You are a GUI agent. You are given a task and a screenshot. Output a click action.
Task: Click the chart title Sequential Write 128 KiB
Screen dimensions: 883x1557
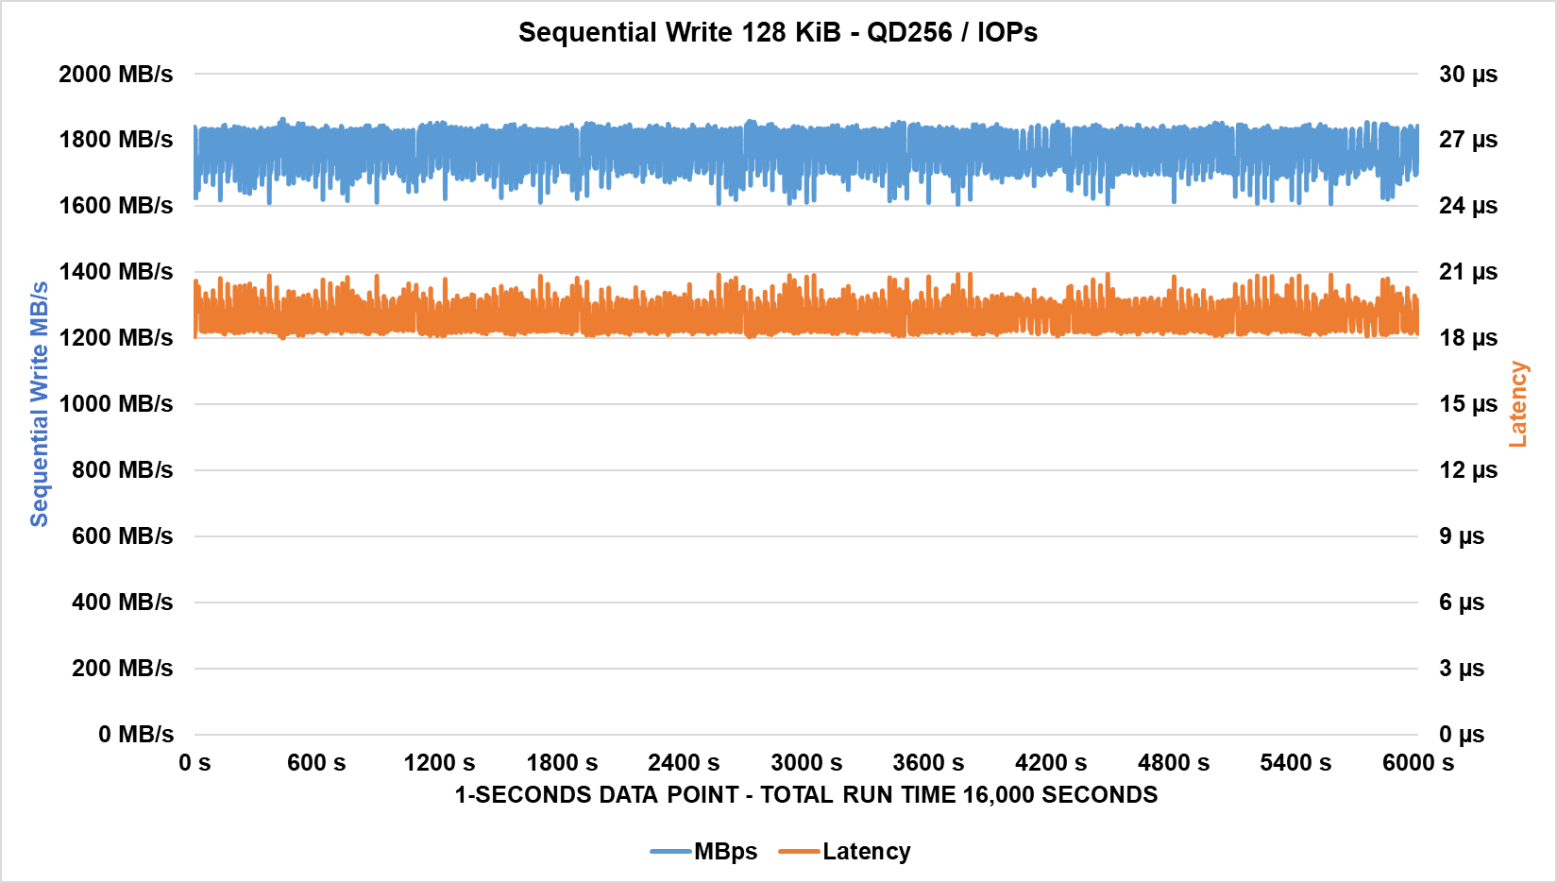click(x=777, y=32)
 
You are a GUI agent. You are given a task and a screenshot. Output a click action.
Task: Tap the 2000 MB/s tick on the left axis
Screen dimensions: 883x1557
click(x=116, y=74)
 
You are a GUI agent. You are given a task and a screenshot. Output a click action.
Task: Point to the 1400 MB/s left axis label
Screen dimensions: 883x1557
click(x=116, y=272)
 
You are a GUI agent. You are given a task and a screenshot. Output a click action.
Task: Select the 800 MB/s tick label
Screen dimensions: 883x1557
click(x=123, y=470)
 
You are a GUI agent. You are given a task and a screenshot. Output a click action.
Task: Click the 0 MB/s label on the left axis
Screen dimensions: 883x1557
click(x=136, y=735)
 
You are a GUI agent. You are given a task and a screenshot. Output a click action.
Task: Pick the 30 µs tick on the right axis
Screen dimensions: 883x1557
click(x=1467, y=74)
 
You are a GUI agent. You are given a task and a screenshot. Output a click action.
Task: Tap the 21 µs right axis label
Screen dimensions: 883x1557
click(x=1467, y=272)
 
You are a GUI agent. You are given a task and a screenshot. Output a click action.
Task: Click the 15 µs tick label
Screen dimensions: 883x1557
click(x=1467, y=404)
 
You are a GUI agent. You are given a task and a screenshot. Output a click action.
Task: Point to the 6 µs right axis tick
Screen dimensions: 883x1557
click(x=1461, y=603)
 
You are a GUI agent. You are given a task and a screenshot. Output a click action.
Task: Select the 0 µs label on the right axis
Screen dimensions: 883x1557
click(x=1461, y=735)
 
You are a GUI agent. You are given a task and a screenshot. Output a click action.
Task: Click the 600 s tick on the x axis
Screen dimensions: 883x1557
click(x=316, y=763)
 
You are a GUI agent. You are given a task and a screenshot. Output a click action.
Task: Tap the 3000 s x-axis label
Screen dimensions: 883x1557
click(x=806, y=763)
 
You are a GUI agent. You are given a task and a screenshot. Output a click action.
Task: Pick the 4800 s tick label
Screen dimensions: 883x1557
click(x=1173, y=763)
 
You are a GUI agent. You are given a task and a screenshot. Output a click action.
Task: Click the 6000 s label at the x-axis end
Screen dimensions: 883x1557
click(x=1417, y=763)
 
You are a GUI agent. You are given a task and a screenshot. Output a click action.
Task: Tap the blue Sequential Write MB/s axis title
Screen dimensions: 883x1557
click(x=39, y=404)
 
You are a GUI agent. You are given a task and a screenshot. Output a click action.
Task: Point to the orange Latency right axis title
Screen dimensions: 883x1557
click(x=1517, y=404)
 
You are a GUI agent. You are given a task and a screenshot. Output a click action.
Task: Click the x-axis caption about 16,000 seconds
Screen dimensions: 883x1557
click(x=806, y=795)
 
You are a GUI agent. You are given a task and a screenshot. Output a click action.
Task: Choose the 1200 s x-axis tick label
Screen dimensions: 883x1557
click(x=439, y=763)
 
